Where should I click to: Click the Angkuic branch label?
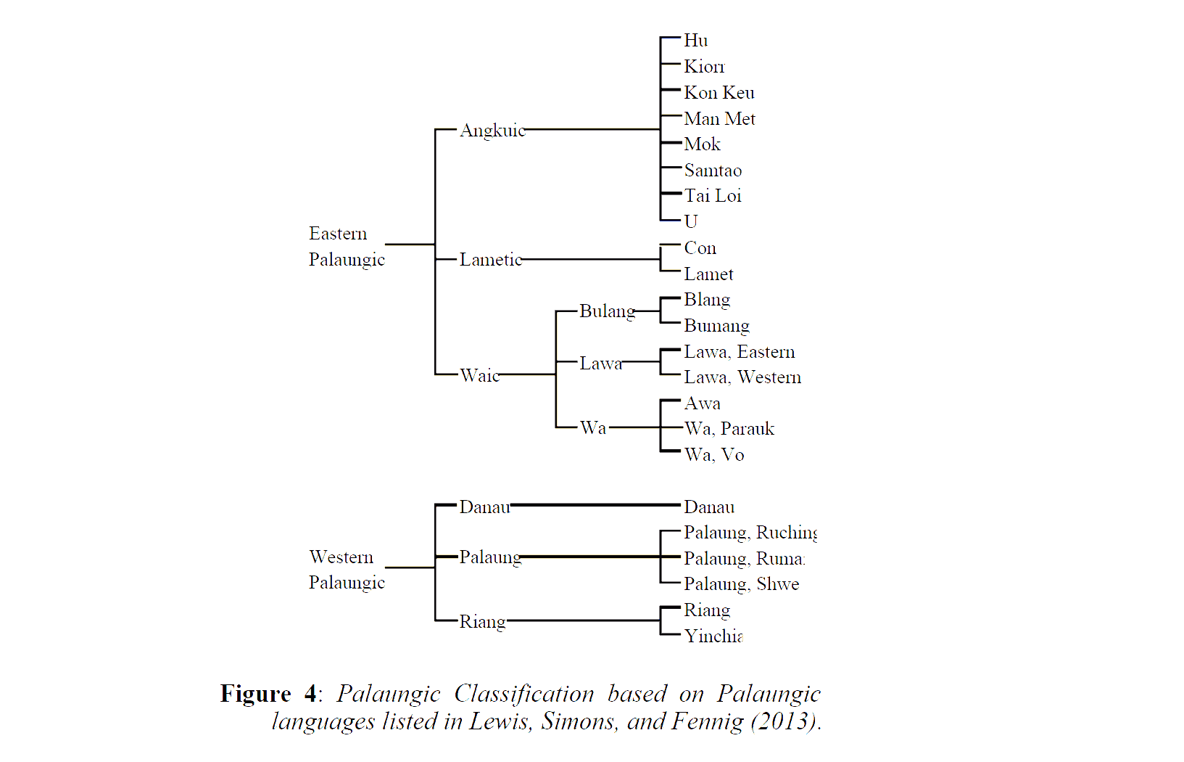492,131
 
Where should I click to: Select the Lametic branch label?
490,260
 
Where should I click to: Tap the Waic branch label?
479,375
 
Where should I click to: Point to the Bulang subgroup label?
607,311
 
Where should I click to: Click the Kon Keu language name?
719,93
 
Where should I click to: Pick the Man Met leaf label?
719,119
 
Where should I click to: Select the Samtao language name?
713,171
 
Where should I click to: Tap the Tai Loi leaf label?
713,196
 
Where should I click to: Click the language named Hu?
695,41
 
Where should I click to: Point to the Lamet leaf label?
708,274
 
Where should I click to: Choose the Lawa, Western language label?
742,377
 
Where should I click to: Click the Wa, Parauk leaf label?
729,429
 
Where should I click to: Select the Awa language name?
702,403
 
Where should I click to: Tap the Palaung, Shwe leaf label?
741,584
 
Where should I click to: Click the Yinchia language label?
713,636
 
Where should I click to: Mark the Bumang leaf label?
716,326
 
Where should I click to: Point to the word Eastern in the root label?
338,234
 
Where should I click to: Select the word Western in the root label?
341,557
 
